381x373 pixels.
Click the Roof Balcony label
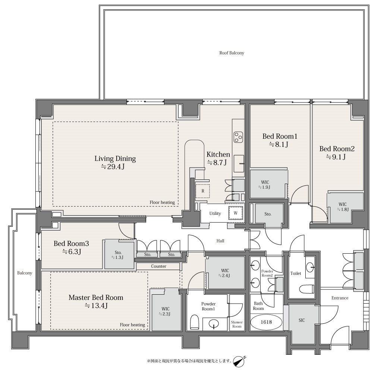click(x=232, y=53)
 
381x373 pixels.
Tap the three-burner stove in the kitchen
click(x=238, y=137)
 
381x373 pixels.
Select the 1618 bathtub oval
click(x=266, y=322)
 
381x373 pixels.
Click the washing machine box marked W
click(x=236, y=213)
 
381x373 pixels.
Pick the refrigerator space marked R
click(x=203, y=191)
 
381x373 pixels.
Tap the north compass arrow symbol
click(x=239, y=361)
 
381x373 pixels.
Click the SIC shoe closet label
click(x=302, y=320)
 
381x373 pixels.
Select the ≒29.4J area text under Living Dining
click(x=113, y=167)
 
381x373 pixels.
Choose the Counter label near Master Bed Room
click(x=159, y=266)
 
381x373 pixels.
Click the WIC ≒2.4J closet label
click(x=225, y=273)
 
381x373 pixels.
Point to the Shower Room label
click(x=237, y=325)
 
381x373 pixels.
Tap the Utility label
click(x=215, y=213)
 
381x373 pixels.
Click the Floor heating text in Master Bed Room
click(x=132, y=325)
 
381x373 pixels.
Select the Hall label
click(x=220, y=241)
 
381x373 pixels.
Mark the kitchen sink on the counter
click(x=239, y=164)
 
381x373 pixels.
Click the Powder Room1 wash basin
click(x=214, y=324)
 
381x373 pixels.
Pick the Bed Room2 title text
click(x=337, y=148)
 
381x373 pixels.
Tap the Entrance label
click(x=340, y=298)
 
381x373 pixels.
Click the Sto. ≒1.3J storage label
click(x=118, y=255)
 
